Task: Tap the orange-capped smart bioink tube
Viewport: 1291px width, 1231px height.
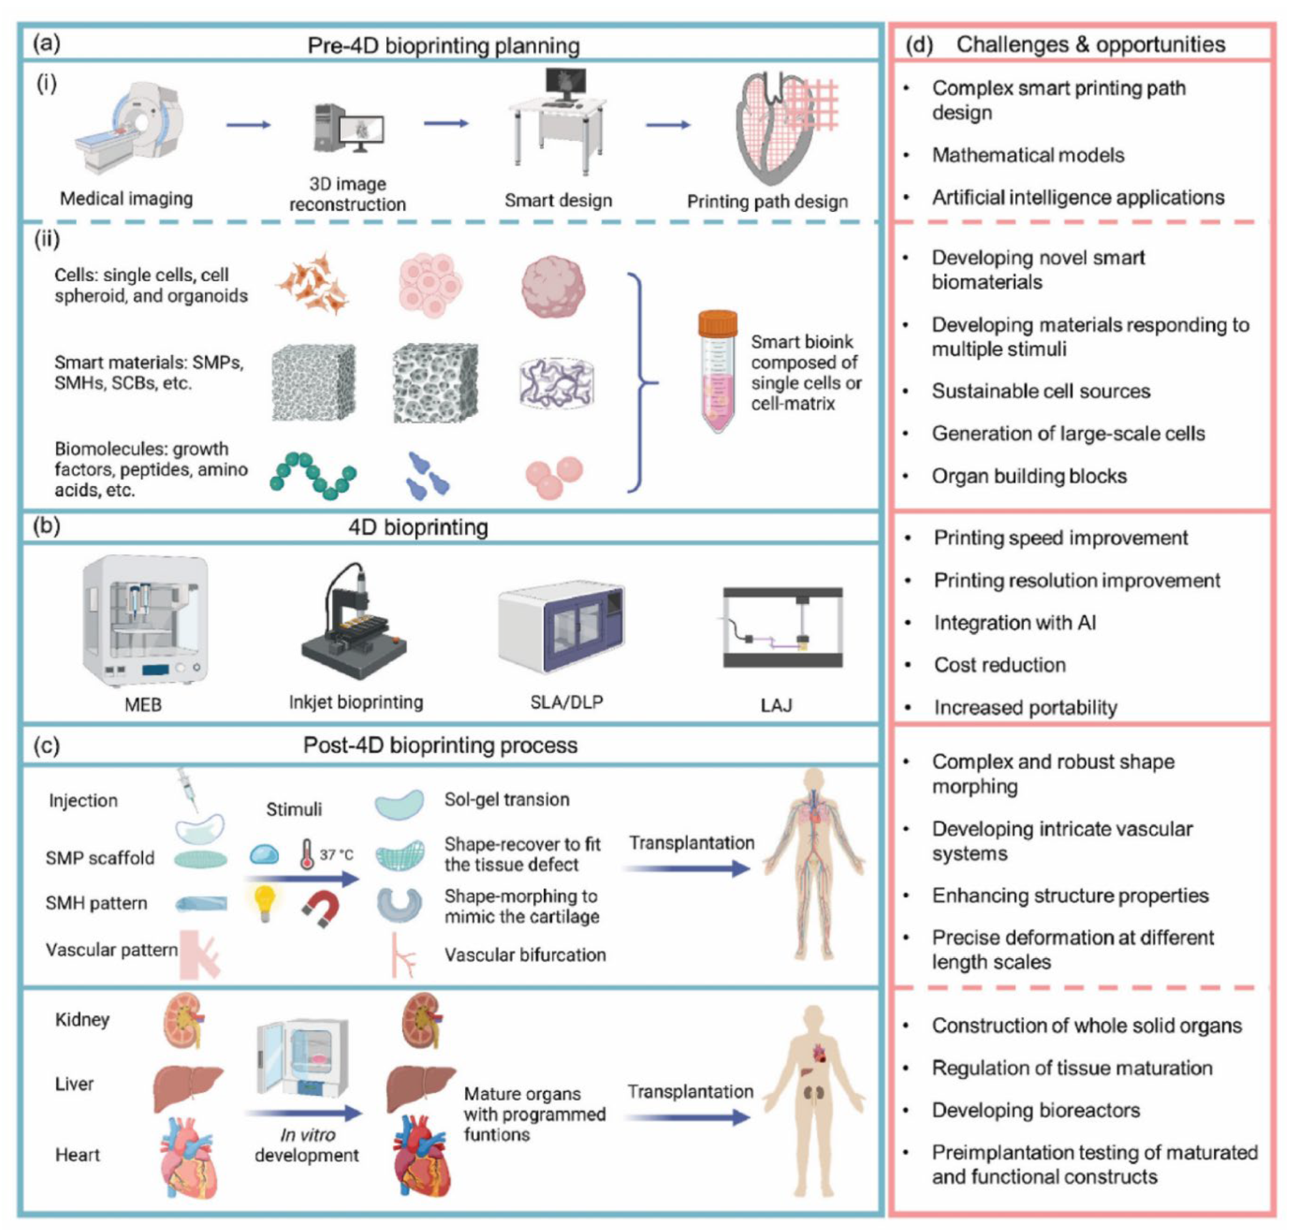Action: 717,371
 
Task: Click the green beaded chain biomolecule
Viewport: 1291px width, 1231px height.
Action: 313,474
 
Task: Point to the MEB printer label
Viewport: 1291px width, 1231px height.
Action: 143,705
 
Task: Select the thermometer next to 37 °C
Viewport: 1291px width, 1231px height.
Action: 306,854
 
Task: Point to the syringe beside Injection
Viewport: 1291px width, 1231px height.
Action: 189,791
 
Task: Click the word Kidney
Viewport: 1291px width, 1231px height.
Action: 82,1019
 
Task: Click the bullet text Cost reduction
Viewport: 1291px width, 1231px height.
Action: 999,665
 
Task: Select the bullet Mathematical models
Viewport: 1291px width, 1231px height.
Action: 1028,155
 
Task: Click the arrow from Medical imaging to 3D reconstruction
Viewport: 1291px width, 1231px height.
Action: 248,125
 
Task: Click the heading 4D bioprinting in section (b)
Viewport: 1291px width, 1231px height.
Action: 418,527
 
